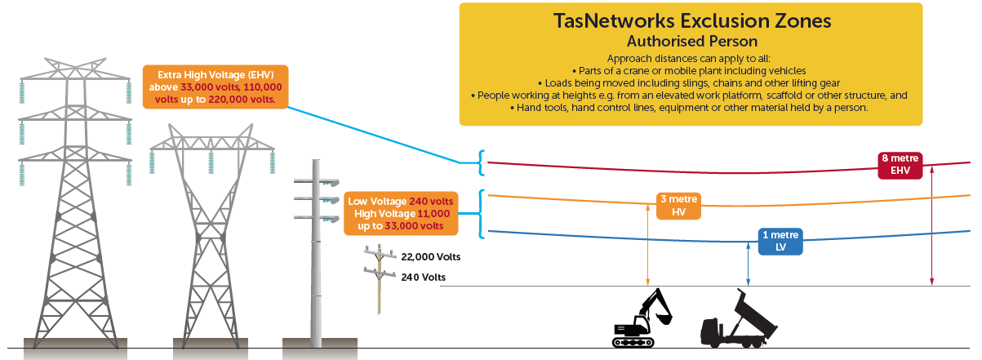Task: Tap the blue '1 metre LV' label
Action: tap(780, 242)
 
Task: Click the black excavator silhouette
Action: tap(643, 318)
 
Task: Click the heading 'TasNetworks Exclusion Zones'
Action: tap(691, 21)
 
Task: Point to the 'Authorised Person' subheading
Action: tap(691, 40)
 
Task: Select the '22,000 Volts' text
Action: tap(431, 256)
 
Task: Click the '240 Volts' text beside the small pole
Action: tap(424, 278)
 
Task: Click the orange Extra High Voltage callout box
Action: tap(215, 87)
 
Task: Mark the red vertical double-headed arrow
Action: tap(931, 229)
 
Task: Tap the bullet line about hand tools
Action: tap(691, 107)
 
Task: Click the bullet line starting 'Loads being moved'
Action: tap(691, 83)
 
